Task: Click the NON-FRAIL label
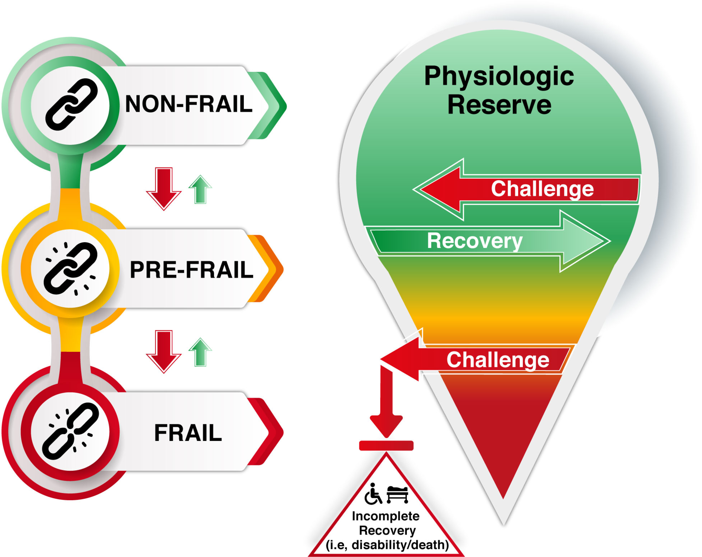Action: (188, 104)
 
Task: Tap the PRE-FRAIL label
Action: (191, 269)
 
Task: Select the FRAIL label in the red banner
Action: (188, 433)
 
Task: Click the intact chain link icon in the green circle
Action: (71, 105)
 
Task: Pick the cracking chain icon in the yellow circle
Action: (70, 268)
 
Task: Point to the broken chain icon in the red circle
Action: (70, 431)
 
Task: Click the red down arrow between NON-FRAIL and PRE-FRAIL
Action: (164, 188)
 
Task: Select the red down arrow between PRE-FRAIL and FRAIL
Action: (164, 351)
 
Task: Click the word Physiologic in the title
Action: (499, 76)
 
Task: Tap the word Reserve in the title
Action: (499, 105)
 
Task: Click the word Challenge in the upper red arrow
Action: (542, 189)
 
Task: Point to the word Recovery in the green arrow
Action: (474, 241)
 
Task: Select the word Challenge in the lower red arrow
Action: (498, 359)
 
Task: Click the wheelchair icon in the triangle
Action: (373, 494)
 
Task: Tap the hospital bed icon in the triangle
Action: (397, 494)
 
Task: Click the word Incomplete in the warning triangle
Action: (385, 516)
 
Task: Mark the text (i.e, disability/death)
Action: (387, 545)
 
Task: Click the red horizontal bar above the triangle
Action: (386, 446)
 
